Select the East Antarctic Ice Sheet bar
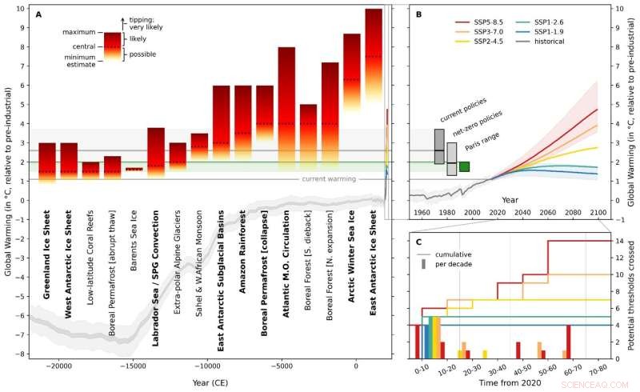click(x=374, y=96)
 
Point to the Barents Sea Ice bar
click(x=134, y=169)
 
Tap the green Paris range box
click(x=464, y=166)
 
